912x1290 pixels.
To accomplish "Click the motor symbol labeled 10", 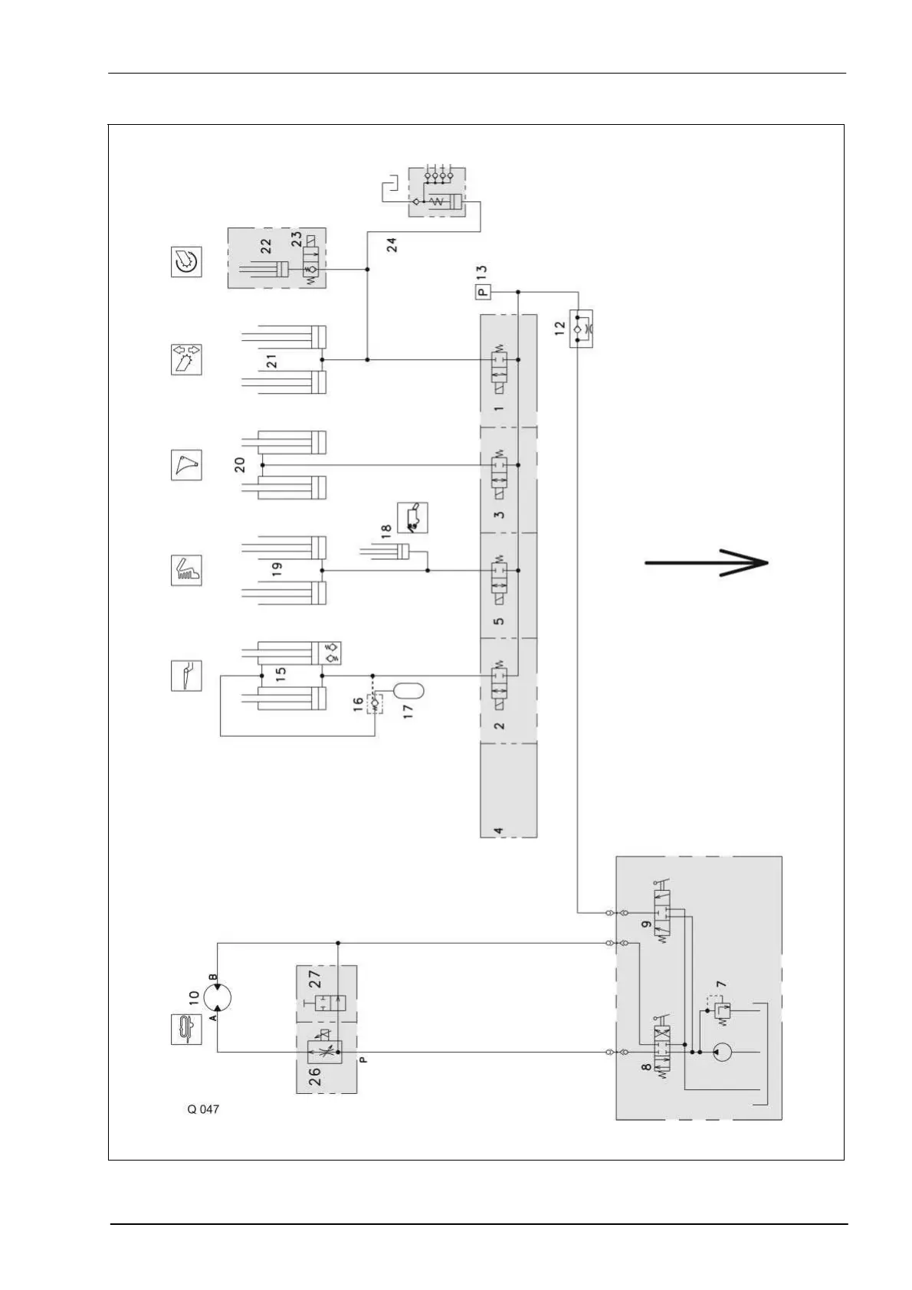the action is click(217, 997).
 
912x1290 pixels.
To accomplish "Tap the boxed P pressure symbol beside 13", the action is click(483, 291).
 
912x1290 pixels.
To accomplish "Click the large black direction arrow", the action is click(705, 563).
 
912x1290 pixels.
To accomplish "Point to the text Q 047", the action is click(203, 1109).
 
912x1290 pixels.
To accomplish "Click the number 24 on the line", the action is click(392, 245).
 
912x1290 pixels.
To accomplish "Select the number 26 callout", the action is click(314, 1076).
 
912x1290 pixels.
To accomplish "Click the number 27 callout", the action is click(314, 978).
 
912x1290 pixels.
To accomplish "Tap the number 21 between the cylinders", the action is click(272, 361).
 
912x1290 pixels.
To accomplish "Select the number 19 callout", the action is click(277, 568).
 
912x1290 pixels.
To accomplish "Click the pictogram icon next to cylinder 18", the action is click(412, 518).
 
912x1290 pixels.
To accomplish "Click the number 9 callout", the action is click(647, 925).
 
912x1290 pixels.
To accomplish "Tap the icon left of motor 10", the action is click(185, 1028).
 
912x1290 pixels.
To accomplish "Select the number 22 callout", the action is click(266, 245).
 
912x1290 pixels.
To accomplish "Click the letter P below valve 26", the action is click(363, 1060).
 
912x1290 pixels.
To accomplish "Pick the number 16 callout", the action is click(358, 706).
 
